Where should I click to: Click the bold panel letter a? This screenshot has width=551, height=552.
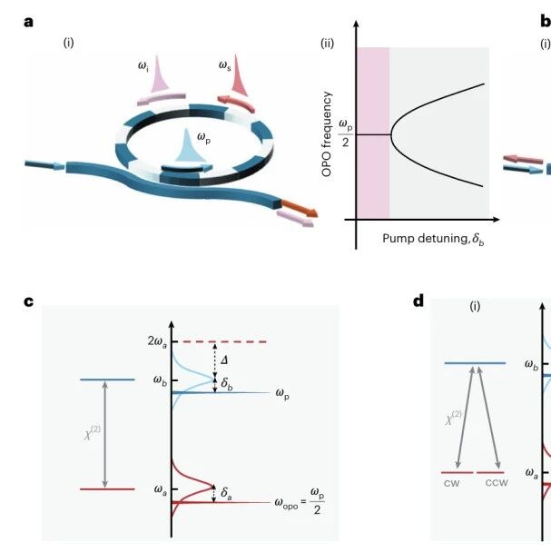click(28, 22)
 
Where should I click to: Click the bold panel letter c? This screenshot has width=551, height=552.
click(28, 301)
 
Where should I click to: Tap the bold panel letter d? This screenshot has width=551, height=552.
click(418, 301)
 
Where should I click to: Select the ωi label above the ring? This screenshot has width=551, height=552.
click(143, 66)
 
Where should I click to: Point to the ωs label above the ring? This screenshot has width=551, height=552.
click(224, 65)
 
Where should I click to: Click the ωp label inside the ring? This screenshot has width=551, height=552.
click(204, 138)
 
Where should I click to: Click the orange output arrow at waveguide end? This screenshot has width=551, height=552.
click(300, 209)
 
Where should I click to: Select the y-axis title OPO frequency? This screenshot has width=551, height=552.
click(327, 134)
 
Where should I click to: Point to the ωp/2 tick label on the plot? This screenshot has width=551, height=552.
click(345, 133)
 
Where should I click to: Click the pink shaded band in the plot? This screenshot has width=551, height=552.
click(373, 133)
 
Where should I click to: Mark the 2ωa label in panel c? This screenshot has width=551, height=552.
click(157, 342)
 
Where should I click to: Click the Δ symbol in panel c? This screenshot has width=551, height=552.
click(224, 360)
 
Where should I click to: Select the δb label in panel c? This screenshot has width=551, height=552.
click(227, 383)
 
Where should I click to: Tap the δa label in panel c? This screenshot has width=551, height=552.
click(226, 493)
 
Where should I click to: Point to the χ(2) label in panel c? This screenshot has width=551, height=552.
click(93, 433)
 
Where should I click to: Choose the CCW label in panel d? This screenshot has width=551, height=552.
click(497, 483)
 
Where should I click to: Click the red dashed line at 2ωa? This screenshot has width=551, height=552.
click(225, 341)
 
